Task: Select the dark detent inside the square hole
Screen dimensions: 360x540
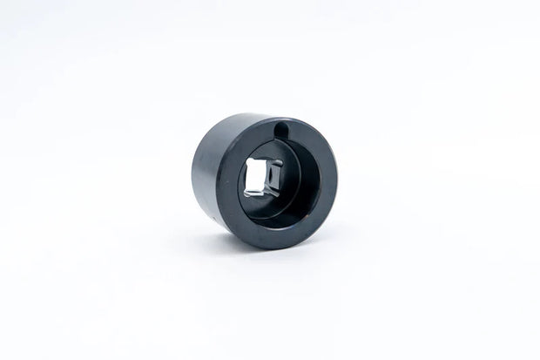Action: [x=274, y=180]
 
